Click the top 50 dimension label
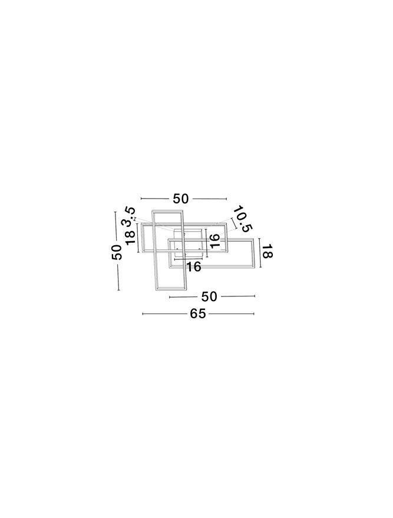pos(181,199)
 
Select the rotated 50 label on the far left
pos(117,252)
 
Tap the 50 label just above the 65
pos(209,296)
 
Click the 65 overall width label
pos(198,314)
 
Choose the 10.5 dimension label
pos(243,219)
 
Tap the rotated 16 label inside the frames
pos(214,241)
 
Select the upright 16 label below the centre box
pos(193,266)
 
